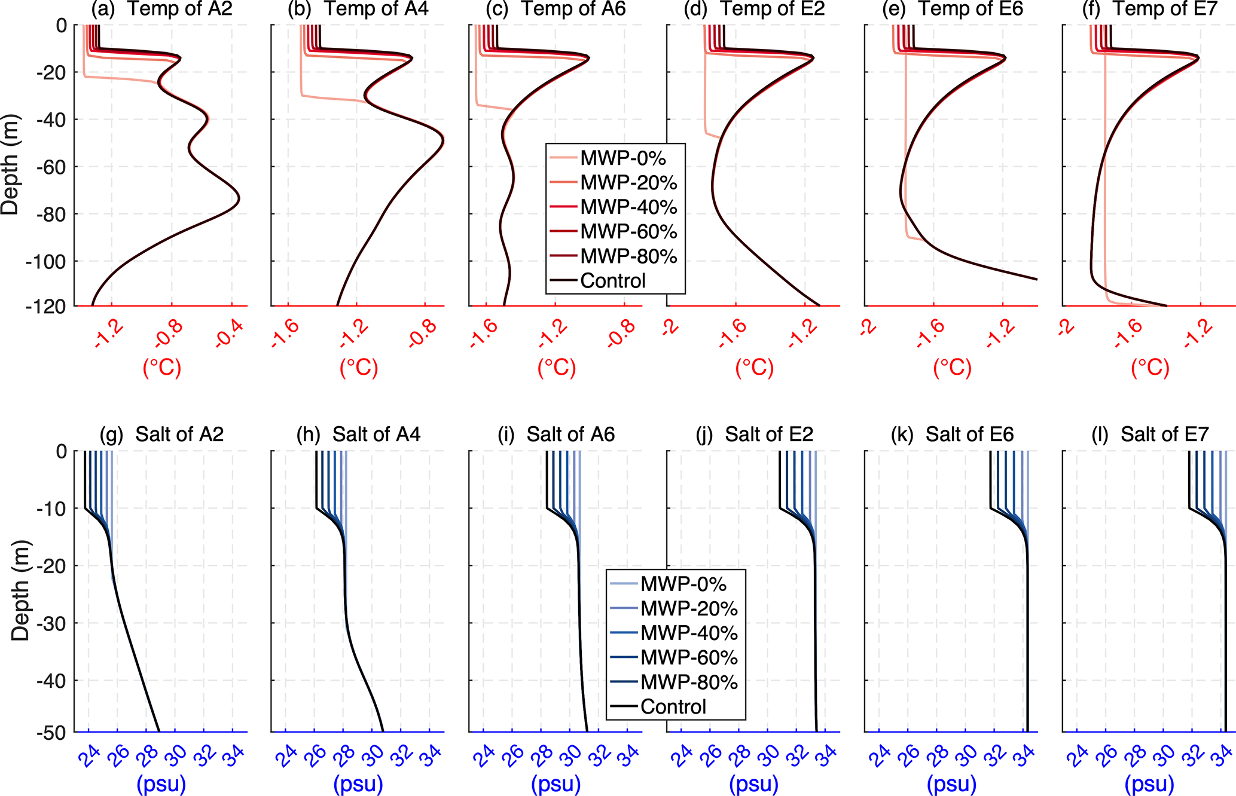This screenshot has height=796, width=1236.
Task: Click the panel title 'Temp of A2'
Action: [180, 9]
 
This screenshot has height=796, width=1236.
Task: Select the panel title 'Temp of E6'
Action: [971, 9]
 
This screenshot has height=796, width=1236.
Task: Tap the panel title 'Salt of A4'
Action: [376, 434]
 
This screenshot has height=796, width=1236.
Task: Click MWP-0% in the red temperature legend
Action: [622, 158]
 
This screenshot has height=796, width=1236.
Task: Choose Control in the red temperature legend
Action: [613, 281]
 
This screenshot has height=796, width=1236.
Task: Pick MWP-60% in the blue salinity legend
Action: [689, 657]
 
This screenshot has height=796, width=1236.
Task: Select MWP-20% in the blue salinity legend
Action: [689, 608]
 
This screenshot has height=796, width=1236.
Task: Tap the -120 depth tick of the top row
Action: [47, 307]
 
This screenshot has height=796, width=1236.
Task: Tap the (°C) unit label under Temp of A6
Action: [557, 368]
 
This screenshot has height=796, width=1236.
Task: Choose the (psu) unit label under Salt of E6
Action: [952, 783]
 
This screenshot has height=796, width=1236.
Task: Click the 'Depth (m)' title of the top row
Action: [10, 165]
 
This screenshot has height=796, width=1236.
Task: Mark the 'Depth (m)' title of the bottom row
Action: [20, 590]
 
